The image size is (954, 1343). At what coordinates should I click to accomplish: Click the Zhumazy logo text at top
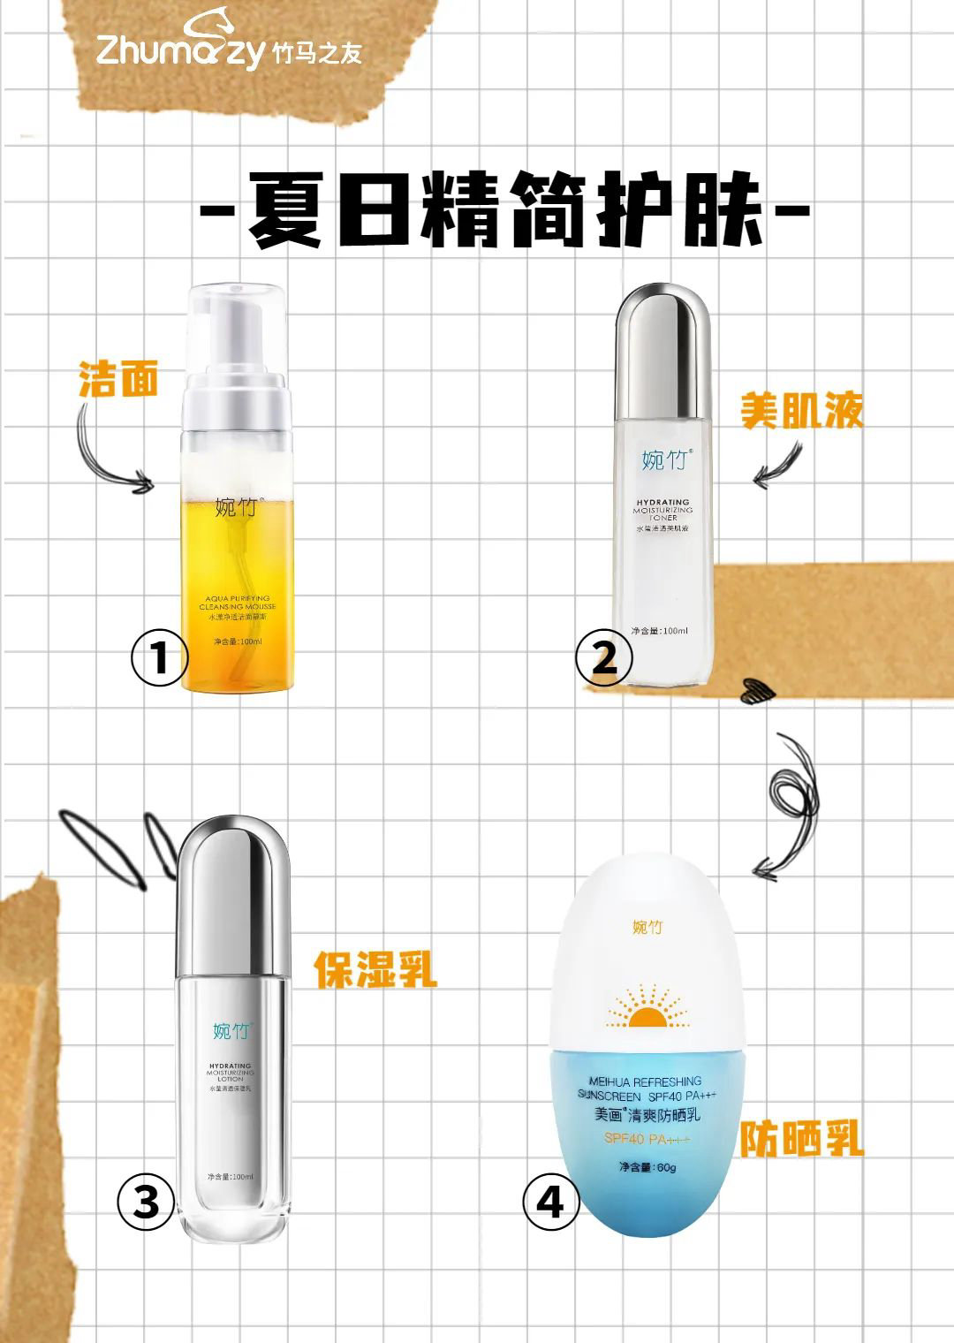(181, 51)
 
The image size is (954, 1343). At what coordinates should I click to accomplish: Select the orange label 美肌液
(801, 411)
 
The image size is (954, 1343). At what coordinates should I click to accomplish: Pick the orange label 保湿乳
(375, 969)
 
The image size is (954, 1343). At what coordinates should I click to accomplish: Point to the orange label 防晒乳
(801, 1140)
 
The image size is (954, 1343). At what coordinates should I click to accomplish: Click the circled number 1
(160, 658)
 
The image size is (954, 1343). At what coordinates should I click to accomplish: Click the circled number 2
(603, 658)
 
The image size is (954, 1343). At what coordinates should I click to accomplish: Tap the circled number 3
(147, 1203)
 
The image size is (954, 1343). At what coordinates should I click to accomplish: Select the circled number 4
(551, 1203)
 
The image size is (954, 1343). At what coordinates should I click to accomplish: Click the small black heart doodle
(756, 692)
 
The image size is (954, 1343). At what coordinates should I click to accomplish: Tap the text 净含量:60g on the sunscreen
(647, 1167)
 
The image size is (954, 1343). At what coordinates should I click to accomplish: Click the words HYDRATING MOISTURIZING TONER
(663, 510)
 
